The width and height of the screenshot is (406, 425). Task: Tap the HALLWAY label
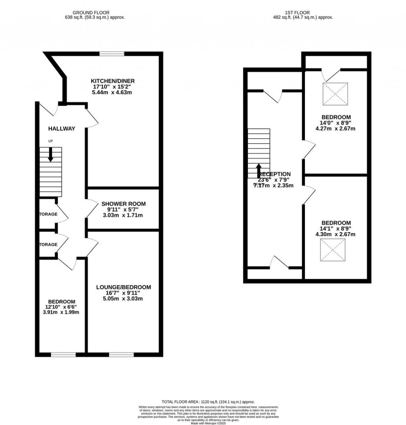point(61,129)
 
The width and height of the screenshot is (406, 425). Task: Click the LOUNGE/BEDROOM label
point(123,287)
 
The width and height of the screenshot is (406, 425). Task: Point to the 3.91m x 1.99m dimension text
point(61,312)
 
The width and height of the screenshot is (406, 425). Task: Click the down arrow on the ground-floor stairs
point(50,154)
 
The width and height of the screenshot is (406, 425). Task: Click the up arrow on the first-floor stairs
point(259,171)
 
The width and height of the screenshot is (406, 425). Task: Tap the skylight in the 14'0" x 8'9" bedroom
point(335,94)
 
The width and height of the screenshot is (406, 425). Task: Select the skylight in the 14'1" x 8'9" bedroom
point(333,250)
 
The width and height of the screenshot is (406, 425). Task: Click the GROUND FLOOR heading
point(93,13)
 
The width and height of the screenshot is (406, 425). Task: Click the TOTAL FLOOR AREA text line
point(208,402)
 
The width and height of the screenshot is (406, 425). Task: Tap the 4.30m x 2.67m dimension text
point(335,234)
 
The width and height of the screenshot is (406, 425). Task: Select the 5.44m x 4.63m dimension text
point(111,92)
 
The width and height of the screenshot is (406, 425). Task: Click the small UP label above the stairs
point(50,141)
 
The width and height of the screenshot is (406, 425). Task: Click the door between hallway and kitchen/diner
point(91,118)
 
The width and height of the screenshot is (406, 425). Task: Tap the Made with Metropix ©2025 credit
point(208,423)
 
